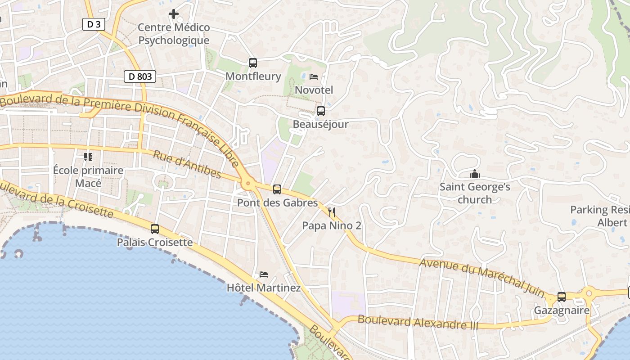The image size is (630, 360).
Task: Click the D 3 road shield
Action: pyautogui.click(x=94, y=24)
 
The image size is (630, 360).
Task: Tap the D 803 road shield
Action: pyautogui.click(x=140, y=76)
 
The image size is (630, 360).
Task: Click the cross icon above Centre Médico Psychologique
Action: pyautogui.click(x=174, y=14)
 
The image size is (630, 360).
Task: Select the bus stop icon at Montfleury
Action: pyautogui.click(x=253, y=63)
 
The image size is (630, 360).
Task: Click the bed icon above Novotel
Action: pyautogui.click(x=314, y=77)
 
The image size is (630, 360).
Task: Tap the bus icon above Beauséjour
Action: pyautogui.click(x=321, y=111)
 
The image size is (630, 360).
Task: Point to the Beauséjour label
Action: pyautogui.click(x=320, y=124)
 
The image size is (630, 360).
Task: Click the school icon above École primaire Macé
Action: pyautogui.click(x=88, y=157)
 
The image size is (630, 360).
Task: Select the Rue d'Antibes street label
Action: pyautogui.click(x=187, y=164)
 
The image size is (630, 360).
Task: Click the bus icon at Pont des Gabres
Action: pyautogui.click(x=277, y=189)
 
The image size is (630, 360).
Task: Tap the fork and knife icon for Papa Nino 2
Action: pyautogui.click(x=332, y=212)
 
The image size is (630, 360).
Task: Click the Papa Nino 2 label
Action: pyautogui.click(x=332, y=225)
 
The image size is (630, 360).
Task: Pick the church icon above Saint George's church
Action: pyautogui.click(x=475, y=174)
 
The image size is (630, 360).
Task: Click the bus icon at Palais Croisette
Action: pyautogui.click(x=155, y=229)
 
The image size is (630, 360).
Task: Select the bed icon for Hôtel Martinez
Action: pyautogui.click(x=264, y=274)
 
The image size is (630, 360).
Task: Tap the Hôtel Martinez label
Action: pyautogui.click(x=264, y=288)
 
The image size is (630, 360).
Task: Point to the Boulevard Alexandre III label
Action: pyautogui.click(x=418, y=322)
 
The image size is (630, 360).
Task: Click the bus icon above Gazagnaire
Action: pyautogui.click(x=562, y=297)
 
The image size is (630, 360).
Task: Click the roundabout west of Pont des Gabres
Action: pyautogui.click(x=247, y=184)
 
